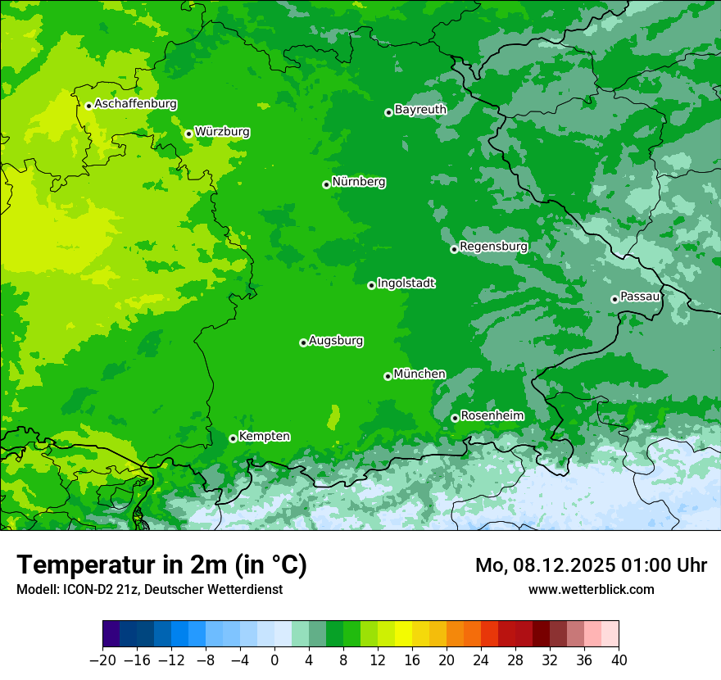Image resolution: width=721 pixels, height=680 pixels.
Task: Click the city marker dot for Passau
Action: (x=614, y=299)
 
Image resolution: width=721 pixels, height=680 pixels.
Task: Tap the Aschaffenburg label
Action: (x=135, y=104)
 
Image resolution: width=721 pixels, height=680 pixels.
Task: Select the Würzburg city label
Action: (x=222, y=132)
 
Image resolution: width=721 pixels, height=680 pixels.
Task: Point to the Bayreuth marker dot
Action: (x=388, y=112)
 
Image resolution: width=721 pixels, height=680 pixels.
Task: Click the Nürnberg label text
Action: (x=359, y=182)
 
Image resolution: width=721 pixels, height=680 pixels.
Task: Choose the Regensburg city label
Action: (x=493, y=247)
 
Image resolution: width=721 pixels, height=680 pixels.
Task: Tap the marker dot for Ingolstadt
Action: (x=371, y=285)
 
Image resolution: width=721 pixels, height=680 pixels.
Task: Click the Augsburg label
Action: (x=336, y=341)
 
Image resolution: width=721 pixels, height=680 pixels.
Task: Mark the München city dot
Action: (x=388, y=376)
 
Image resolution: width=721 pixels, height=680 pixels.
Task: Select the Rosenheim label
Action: (x=492, y=416)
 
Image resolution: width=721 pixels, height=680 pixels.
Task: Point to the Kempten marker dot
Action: (x=233, y=438)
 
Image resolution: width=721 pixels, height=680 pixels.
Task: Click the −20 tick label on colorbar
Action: (x=102, y=660)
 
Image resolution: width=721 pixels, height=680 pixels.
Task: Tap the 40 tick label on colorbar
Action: (x=619, y=660)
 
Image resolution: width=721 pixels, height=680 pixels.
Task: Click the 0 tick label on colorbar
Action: (x=274, y=660)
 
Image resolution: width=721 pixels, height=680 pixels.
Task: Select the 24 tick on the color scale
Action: (x=481, y=660)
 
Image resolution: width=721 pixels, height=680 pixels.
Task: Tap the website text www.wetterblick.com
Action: (x=591, y=589)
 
